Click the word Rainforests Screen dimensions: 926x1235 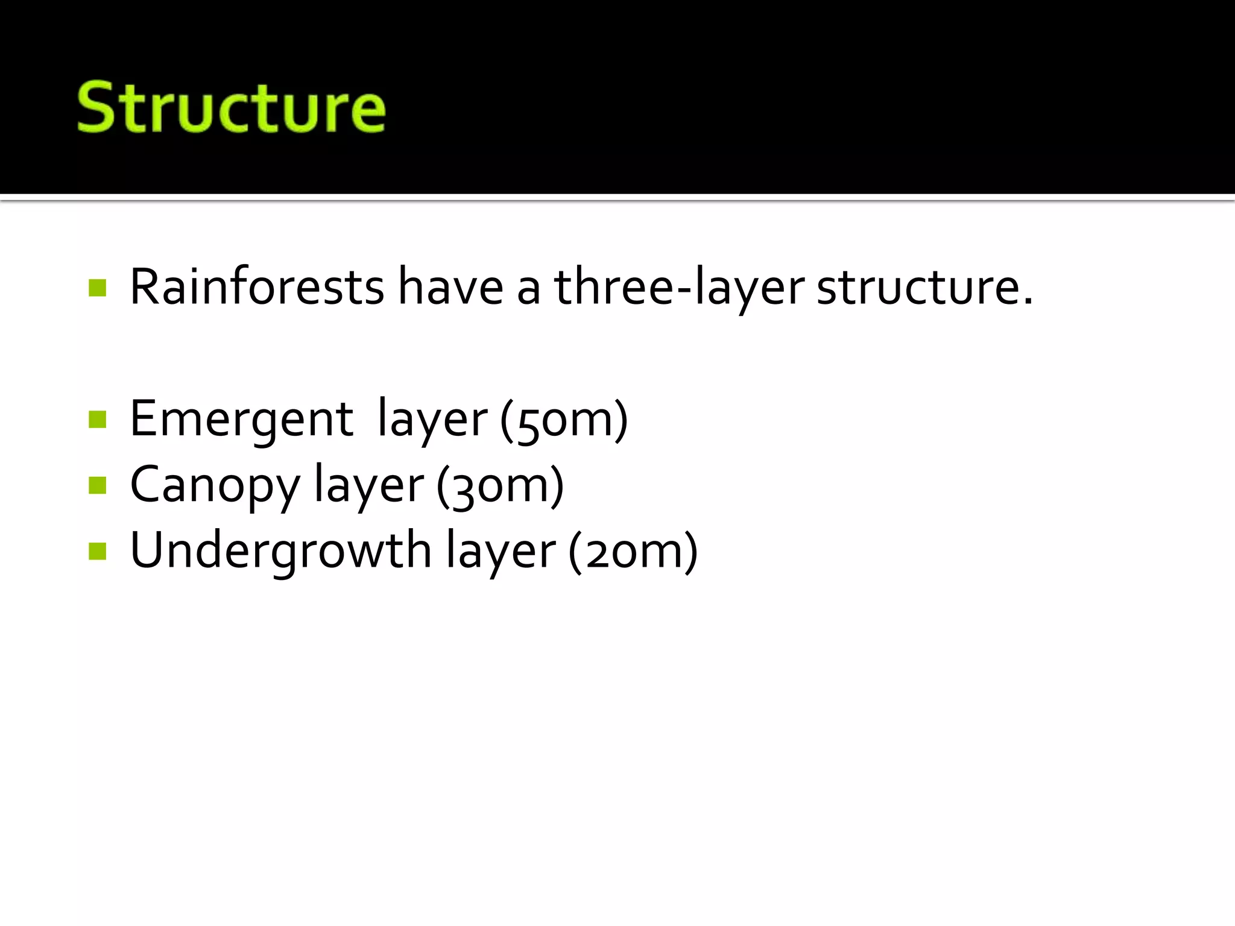257,287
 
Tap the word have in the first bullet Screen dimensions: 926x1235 450,287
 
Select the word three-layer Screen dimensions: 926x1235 679,287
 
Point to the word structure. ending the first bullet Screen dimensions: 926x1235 925,287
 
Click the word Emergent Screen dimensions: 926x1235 241,419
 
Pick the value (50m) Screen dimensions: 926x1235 564,420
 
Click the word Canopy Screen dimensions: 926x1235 215,485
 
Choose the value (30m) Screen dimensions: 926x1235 500,485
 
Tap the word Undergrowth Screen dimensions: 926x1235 280,550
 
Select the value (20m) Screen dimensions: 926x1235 633,550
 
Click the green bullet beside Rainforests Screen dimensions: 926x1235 97,288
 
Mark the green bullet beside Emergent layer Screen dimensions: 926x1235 97,419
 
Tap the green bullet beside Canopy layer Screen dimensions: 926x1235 97,485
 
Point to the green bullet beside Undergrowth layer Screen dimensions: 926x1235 97,550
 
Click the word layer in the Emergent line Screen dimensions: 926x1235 432,420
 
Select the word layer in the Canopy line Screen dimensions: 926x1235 368,485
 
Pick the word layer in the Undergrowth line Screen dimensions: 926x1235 501,550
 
